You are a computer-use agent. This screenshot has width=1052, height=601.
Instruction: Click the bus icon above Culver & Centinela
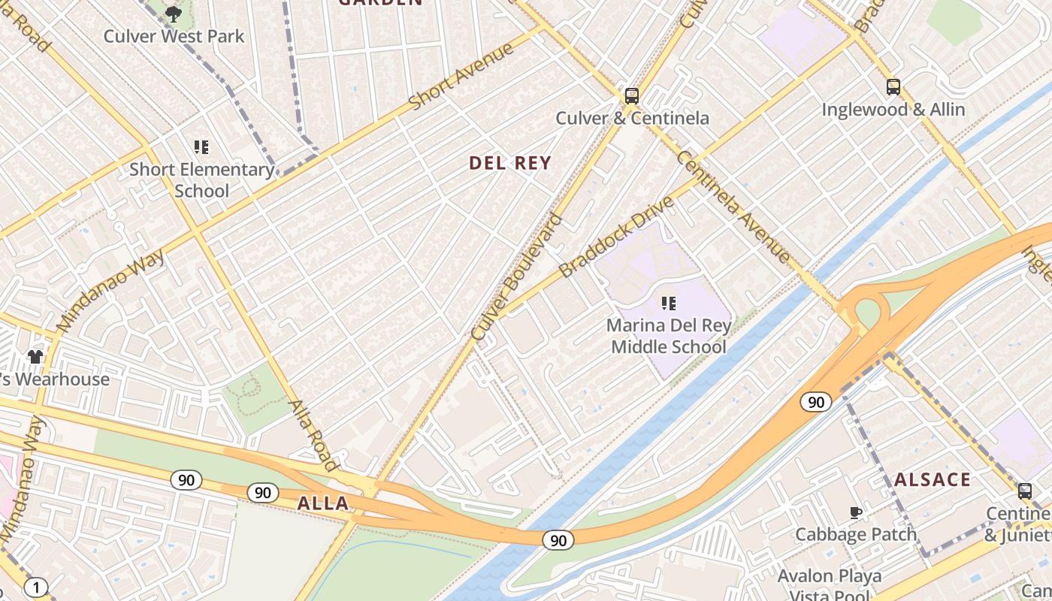coord(631,96)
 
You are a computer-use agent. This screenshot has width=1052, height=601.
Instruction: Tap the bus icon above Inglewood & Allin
coord(893,87)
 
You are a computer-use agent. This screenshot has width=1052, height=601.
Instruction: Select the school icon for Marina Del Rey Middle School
coord(668,304)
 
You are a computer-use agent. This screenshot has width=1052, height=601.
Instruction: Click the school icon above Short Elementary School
coord(201,147)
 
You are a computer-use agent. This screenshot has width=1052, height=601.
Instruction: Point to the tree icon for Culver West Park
coord(174,14)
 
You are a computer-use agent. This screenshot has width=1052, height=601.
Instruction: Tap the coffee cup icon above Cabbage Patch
coord(855,512)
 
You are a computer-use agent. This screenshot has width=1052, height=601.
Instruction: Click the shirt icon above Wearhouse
coord(35,355)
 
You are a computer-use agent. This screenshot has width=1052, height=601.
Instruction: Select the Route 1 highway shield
coord(35,587)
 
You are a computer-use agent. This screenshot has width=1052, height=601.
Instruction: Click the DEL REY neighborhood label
coord(510,163)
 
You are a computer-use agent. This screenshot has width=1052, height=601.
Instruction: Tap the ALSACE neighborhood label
coord(933,479)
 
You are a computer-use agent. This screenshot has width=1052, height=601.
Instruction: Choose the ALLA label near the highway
coord(323,503)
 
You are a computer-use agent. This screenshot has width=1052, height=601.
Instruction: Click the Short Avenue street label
coord(461,76)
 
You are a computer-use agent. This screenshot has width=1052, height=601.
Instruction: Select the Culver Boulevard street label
coord(516,277)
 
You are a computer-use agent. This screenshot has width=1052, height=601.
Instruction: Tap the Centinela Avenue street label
coord(733,206)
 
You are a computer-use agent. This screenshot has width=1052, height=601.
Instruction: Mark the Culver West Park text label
coord(174,36)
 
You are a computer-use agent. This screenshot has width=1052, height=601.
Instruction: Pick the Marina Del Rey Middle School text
coord(668,337)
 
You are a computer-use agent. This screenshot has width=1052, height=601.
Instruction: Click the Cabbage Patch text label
coord(856,534)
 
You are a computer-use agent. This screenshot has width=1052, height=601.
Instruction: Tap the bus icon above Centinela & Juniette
coord(1024,491)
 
